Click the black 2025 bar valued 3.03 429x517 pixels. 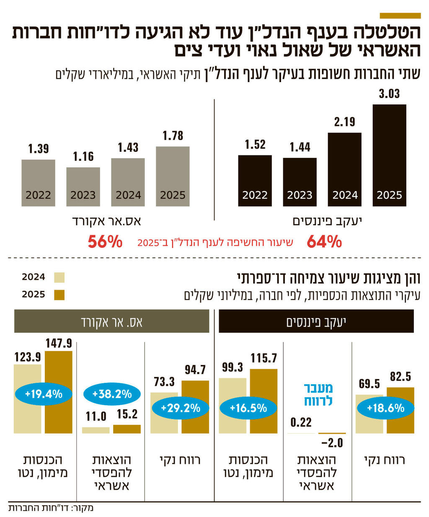[389, 155]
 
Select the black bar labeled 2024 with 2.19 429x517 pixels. [344, 169]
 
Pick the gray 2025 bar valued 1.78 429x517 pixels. [173, 176]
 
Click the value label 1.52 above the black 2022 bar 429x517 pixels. [255, 145]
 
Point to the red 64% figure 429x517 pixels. [324, 242]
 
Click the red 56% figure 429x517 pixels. [105, 242]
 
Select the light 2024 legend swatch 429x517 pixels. [59, 277]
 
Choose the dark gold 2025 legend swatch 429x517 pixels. [59, 295]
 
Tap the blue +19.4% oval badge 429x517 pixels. [44, 394]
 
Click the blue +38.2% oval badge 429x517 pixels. [112, 394]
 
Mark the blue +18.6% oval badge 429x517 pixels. [385, 408]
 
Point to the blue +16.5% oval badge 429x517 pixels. [248, 408]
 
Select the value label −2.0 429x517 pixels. [332, 443]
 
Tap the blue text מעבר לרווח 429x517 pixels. [318, 394]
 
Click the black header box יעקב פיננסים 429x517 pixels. [316, 321]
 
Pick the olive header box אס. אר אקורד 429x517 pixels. [111, 321]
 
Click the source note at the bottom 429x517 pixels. [51, 508]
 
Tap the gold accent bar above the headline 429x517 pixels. [400, 16]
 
